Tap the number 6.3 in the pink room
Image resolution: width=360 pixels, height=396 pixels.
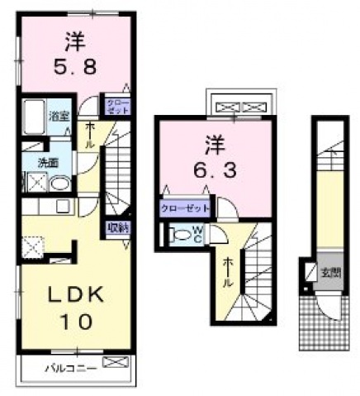coord(203,170)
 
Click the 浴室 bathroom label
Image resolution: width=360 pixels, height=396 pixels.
coord(57,117)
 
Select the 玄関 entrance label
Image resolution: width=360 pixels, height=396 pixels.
coord(330,271)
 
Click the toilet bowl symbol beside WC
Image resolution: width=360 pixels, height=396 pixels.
coord(181,234)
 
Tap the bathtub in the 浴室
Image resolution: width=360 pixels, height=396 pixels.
coord(32,118)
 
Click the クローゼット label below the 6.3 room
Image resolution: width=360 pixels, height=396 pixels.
coord(185,208)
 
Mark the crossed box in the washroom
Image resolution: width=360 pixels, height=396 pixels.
coord(35,182)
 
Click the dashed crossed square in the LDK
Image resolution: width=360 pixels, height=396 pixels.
coord(33,246)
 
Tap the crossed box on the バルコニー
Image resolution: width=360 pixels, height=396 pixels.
coord(117,363)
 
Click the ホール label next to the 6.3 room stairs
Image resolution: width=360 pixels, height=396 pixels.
coord(229,270)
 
